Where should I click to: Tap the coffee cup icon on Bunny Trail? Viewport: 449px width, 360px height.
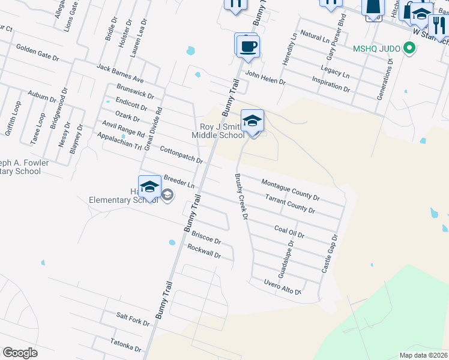coord(247,46)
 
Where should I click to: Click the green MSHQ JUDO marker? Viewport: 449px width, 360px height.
coord(409,47)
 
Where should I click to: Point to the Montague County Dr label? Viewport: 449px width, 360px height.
coord(291,189)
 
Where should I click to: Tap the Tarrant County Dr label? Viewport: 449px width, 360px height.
coord(290,203)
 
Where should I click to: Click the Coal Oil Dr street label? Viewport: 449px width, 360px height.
coord(289,231)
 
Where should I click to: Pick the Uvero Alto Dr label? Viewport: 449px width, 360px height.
coord(282,286)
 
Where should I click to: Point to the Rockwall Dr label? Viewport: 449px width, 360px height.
coord(205,251)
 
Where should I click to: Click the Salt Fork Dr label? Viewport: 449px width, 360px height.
coord(133,319)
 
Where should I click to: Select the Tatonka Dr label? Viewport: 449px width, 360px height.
coord(125,344)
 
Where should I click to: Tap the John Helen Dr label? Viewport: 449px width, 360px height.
coord(265,77)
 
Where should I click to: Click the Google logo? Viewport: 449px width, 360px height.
coord(20,353)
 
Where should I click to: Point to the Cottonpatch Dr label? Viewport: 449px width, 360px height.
coord(181,154)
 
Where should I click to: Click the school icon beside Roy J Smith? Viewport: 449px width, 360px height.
coord(252,121)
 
